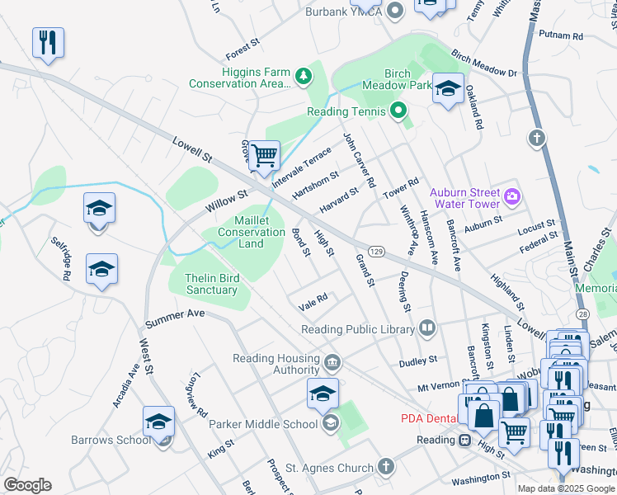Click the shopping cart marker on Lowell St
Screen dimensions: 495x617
(264, 155)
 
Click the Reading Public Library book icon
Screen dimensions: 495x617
(426, 329)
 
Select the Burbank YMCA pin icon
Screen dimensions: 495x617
(395, 12)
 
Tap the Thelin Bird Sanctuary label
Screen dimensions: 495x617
(211, 284)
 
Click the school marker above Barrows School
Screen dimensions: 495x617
(158, 422)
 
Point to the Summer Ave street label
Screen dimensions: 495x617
(173, 318)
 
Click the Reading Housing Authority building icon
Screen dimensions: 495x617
(332, 361)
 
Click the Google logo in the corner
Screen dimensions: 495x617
(27, 485)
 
